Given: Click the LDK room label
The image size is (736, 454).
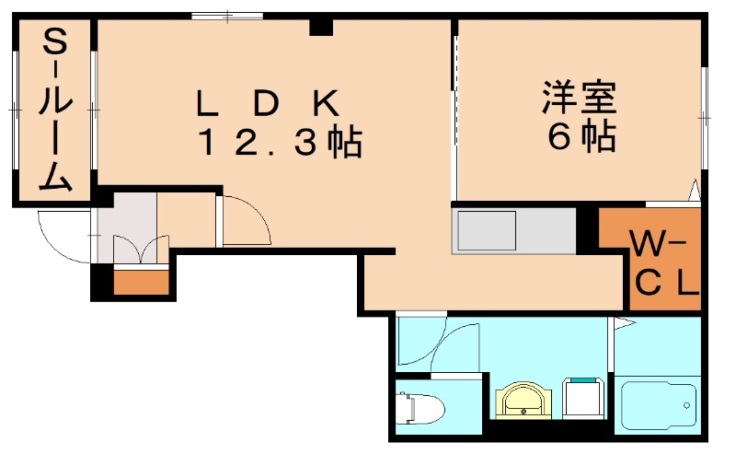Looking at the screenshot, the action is (x=268, y=103).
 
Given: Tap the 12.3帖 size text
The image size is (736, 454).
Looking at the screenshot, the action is (x=281, y=142).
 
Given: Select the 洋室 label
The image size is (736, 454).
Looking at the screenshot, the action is (x=579, y=98).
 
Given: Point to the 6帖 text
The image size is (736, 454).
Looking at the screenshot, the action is (x=581, y=136).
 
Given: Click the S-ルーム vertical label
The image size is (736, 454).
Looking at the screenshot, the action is (x=55, y=109).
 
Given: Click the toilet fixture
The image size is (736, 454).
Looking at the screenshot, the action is (x=420, y=407).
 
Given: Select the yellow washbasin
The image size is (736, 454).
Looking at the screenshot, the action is (x=523, y=401).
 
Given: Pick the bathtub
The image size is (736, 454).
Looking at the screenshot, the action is (x=659, y=406).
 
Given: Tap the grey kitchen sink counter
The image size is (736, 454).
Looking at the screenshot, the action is (x=514, y=231).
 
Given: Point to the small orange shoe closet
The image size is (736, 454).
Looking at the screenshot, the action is (x=142, y=282).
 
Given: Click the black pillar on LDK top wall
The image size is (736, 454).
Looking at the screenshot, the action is (x=321, y=28).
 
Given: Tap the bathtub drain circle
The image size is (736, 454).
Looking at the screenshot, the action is (x=686, y=405).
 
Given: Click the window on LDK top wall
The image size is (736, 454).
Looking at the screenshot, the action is (x=227, y=17).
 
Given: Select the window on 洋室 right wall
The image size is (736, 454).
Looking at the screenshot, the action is (x=704, y=118).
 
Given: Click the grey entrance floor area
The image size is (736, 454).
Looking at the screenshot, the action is (x=127, y=227).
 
